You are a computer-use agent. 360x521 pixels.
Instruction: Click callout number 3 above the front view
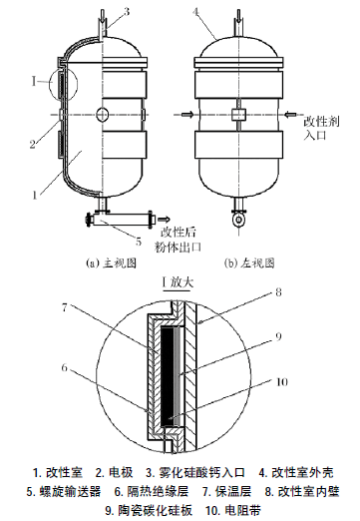[126, 12]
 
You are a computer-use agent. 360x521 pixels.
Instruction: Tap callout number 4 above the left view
[195, 12]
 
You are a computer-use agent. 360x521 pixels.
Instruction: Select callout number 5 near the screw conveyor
[139, 241]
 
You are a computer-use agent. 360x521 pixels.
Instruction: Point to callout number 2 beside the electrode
[32, 144]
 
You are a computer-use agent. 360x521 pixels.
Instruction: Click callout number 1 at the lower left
[35, 196]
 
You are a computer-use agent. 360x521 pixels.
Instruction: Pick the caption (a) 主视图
[111, 263]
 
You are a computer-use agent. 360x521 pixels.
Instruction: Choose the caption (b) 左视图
[249, 263]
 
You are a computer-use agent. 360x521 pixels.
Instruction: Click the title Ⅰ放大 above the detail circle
[178, 282]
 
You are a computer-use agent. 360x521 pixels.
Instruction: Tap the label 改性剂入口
[321, 129]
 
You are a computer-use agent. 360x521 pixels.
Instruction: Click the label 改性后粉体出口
[178, 240]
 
